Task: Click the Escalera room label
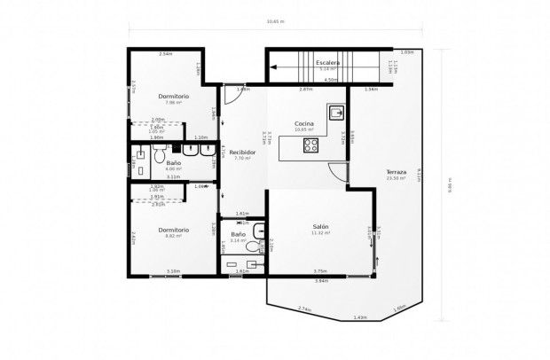(328, 63)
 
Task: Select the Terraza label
(397, 171)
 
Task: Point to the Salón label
(320, 227)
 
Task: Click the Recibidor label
(242, 153)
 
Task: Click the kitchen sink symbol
(337, 113)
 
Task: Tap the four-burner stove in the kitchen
(312, 146)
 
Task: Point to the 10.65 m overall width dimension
(276, 22)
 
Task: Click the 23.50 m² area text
(396, 178)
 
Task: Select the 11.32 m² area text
(320, 233)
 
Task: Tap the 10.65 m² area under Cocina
(305, 130)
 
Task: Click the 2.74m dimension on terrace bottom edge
(304, 309)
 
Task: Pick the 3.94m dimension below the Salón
(320, 280)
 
